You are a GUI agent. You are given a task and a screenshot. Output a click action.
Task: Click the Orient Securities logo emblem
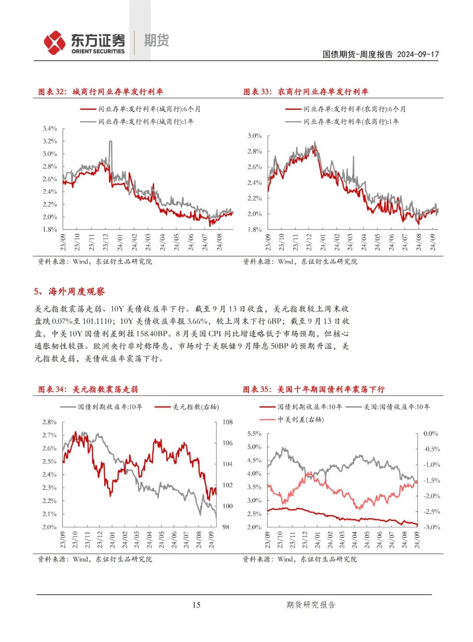[x=54, y=42]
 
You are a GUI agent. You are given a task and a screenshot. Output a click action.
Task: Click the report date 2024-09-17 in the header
[x=418, y=54]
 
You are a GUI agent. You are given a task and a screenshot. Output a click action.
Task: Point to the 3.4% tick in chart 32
[x=50, y=128]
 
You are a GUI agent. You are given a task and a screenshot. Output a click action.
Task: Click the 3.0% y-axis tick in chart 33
[x=255, y=136]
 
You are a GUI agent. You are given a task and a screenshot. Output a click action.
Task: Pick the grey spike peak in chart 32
[x=110, y=141]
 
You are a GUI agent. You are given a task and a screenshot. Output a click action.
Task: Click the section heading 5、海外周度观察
[x=69, y=291]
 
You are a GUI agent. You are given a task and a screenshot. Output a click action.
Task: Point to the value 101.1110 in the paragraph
[x=97, y=321]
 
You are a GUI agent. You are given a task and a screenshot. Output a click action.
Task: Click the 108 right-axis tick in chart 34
[x=228, y=422]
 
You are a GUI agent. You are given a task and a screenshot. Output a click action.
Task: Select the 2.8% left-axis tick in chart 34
[x=49, y=422]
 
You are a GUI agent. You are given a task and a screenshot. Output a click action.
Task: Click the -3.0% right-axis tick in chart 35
[x=431, y=527]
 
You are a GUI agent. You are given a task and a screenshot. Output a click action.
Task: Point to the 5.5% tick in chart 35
[x=254, y=434]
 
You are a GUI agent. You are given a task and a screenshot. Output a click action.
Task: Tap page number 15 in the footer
[x=196, y=605]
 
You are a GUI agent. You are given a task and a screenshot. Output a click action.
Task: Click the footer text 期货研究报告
[x=311, y=605]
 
